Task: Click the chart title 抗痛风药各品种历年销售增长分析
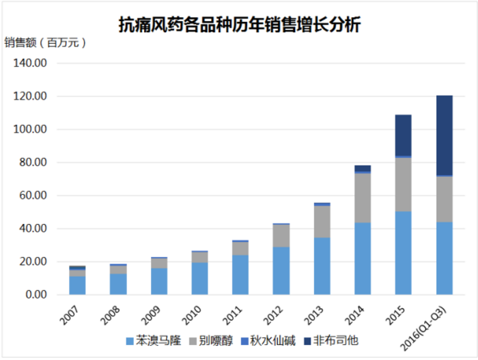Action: click(x=239, y=25)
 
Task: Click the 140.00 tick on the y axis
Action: click(x=29, y=64)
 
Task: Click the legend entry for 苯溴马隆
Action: click(x=153, y=340)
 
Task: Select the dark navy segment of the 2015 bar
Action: click(x=404, y=135)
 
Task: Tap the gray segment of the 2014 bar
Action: click(x=363, y=197)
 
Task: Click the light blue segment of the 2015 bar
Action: click(x=404, y=253)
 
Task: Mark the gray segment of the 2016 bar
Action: click(x=445, y=199)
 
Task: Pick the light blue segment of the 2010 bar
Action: click(x=199, y=278)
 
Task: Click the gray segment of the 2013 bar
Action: click(x=322, y=221)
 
